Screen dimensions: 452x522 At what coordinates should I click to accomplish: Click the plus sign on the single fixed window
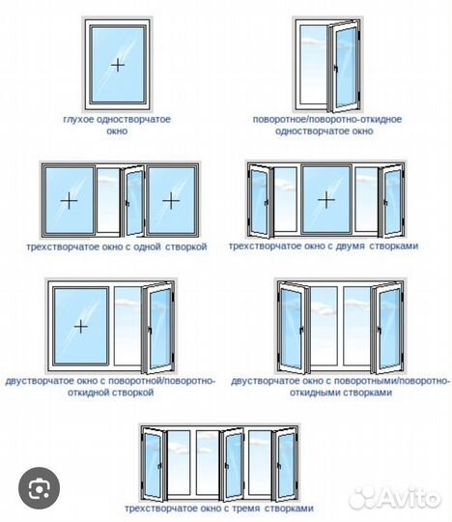118,65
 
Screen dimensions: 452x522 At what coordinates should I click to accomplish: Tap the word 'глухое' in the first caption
78,120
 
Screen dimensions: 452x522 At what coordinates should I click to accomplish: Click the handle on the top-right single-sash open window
336,69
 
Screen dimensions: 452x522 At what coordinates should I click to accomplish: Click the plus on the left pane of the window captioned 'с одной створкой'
69,200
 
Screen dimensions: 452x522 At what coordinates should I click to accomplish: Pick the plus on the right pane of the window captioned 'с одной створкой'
171,200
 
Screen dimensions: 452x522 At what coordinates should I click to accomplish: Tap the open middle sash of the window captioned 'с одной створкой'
134,201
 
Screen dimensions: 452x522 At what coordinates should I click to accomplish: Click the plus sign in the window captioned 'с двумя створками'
326,200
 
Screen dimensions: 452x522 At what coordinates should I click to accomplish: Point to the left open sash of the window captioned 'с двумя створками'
260,201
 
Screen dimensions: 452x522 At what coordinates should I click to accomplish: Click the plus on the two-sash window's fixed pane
81,327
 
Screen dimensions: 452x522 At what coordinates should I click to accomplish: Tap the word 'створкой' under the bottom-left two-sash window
132,392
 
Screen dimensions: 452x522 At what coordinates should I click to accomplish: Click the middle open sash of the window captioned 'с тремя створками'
232,464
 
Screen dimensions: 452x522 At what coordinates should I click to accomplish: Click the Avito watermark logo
394,498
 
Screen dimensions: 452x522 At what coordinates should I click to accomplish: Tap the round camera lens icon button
40,488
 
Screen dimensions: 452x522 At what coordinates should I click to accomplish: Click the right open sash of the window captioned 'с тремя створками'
285,464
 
